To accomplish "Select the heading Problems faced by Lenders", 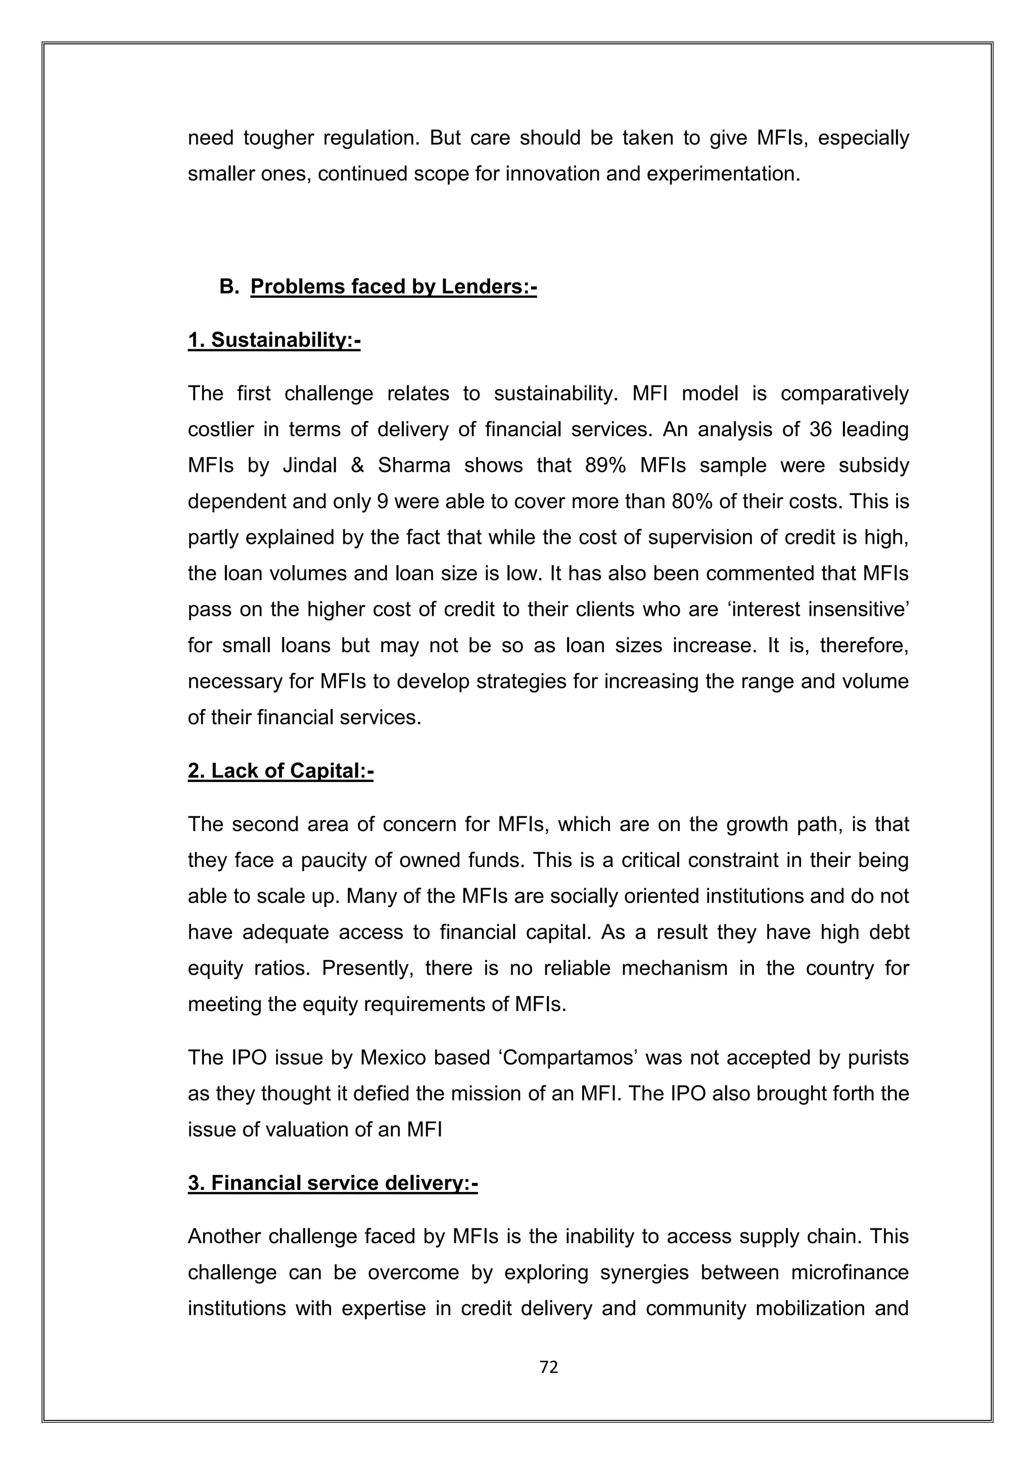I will point(393,287).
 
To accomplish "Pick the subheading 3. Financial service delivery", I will point(333,1183).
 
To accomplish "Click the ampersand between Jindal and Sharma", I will point(357,466).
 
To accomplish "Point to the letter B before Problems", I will point(227,287).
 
